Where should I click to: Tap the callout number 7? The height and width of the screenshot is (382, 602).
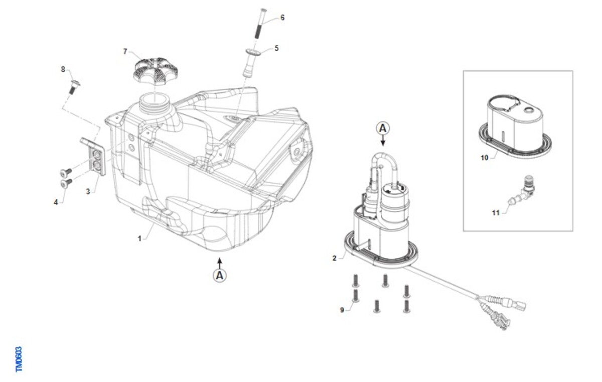(x=125, y=51)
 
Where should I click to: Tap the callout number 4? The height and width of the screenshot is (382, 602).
(x=56, y=202)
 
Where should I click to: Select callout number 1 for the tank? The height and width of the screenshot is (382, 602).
(x=139, y=238)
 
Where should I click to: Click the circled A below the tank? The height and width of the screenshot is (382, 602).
(x=220, y=276)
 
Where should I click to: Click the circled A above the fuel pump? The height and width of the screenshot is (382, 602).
(x=383, y=129)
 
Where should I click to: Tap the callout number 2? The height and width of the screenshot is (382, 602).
(x=334, y=258)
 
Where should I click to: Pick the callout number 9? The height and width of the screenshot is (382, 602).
(x=342, y=310)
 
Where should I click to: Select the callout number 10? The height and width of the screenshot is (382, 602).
(x=484, y=158)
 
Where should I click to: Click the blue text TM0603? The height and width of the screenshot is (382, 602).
(x=19, y=359)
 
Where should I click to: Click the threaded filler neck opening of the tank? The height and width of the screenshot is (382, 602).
(x=155, y=100)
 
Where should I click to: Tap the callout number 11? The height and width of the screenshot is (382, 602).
(x=496, y=213)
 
